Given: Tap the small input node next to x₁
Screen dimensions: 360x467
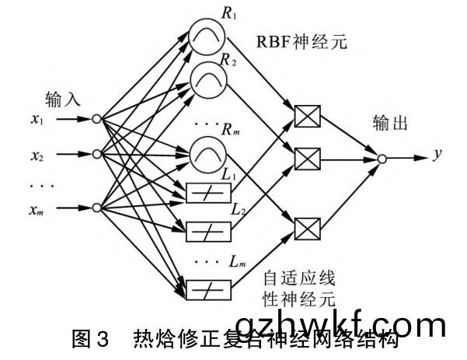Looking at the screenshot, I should (96, 119).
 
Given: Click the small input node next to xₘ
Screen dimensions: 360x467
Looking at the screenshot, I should (96, 208).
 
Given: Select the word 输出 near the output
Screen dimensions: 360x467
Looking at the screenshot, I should (392, 124).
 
